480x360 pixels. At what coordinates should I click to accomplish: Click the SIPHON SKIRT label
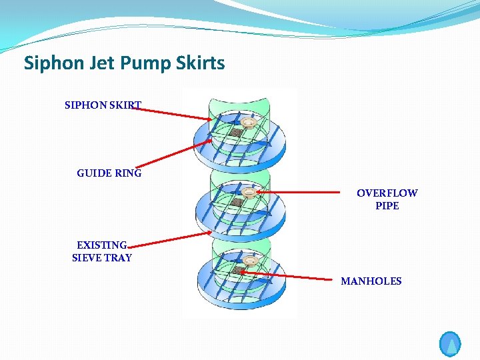[x=103, y=105]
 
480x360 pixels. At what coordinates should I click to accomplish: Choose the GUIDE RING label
[x=109, y=173]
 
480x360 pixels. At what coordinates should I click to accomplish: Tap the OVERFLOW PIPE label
[x=387, y=199]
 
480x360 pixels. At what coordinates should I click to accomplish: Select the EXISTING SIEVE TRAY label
[x=102, y=251]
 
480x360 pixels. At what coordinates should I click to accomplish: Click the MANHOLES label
[x=371, y=281]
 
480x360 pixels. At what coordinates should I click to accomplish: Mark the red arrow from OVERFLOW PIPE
[x=300, y=193]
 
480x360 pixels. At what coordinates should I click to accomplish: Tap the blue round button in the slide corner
[x=451, y=344]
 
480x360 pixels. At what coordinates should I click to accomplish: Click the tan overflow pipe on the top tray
[x=250, y=123]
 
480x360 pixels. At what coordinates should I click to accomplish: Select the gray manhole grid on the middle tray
[x=237, y=201]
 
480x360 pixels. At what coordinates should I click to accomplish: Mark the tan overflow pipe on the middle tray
[x=249, y=193]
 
